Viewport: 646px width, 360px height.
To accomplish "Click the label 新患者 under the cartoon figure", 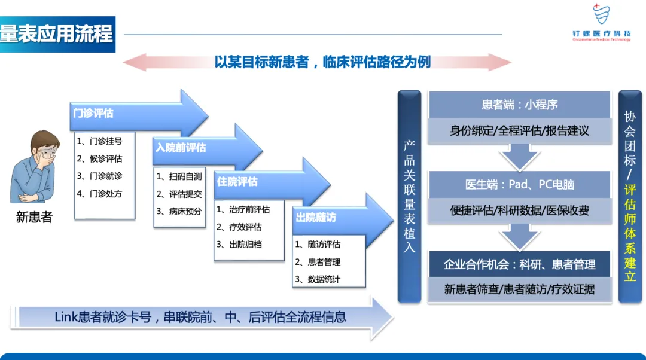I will point(34,218).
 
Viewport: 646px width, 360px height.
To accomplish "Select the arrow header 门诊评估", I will point(93,112).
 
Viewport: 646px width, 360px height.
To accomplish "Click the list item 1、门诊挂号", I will point(100,142).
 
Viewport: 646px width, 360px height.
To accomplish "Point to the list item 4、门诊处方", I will point(100,193).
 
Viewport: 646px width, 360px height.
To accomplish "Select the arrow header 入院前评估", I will point(181,147).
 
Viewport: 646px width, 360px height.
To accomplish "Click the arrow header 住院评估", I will point(237,181).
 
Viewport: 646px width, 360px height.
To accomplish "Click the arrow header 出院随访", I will point(316,218).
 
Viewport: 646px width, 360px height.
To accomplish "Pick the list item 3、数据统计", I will point(318,279).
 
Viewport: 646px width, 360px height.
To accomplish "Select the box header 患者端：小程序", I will point(520,105).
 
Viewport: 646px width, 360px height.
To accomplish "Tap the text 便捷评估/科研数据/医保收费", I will point(520,210).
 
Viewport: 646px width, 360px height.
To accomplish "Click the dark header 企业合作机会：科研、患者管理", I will point(520,264).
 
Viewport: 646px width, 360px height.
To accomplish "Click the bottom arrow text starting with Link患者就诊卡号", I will point(200,317).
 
